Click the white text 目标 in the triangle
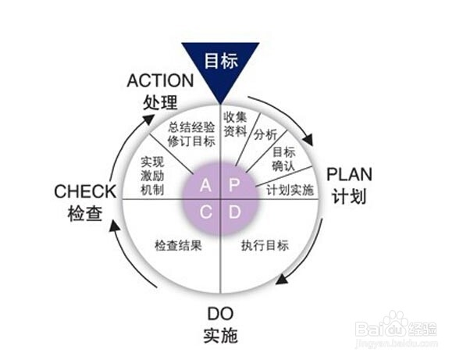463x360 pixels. click(x=221, y=61)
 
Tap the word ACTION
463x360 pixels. click(x=160, y=80)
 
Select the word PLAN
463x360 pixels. click(x=349, y=175)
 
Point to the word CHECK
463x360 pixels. click(x=85, y=191)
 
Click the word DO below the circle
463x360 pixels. click(x=220, y=314)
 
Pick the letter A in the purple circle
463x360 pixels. click(x=205, y=185)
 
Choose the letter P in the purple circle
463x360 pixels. click(x=234, y=185)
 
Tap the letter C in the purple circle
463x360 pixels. click(x=206, y=212)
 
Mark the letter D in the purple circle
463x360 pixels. click(x=235, y=212)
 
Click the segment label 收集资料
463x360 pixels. click(x=235, y=124)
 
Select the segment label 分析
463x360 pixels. click(x=265, y=134)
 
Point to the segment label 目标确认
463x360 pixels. click(x=283, y=159)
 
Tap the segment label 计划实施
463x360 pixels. click(x=290, y=191)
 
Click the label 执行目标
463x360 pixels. click(x=265, y=245)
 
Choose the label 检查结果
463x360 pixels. click(x=179, y=245)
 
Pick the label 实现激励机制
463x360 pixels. click(x=152, y=176)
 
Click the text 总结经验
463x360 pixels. click(x=191, y=127)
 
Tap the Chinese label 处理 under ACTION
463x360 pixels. click(x=160, y=102)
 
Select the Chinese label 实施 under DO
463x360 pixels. click(x=221, y=336)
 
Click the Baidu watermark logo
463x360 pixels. click(x=397, y=327)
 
